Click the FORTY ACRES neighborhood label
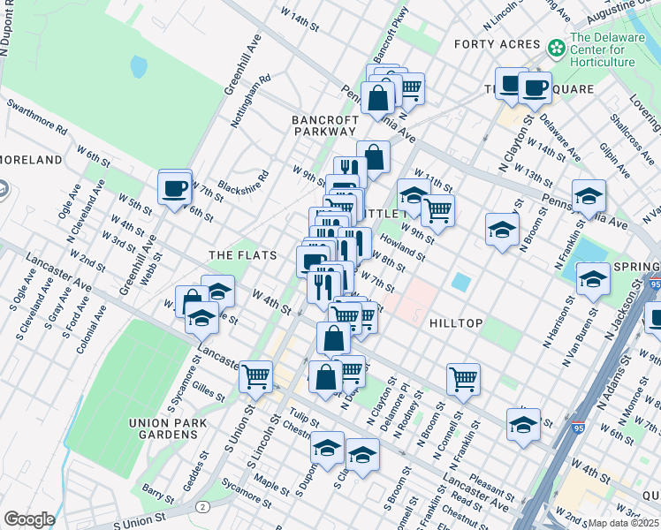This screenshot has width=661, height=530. [x=497, y=44]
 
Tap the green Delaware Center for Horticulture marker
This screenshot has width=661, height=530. [x=557, y=47]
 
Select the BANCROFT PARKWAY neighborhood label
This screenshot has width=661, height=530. [x=325, y=125]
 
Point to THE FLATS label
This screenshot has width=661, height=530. [x=243, y=255]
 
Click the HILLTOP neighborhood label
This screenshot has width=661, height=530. [x=456, y=323]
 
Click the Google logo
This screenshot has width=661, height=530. [x=29, y=519]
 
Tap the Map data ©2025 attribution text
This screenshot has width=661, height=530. [x=622, y=523]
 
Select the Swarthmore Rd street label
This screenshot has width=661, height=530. [x=36, y=116]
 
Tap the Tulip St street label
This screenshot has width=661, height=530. [x=303, y=413]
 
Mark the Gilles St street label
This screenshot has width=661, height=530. [x=209, y=387]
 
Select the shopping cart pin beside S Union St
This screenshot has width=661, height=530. [x=255, y=375]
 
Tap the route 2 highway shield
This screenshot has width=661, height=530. [x=204, y=506]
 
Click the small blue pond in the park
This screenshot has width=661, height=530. [x=139, y=67]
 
